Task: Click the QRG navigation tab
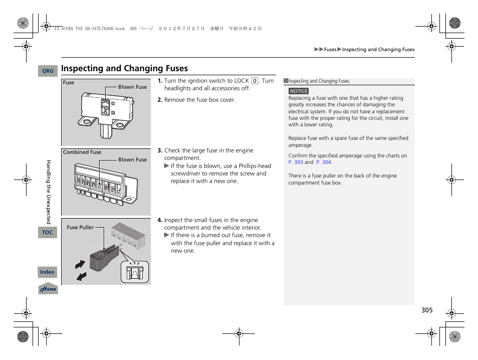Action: pos(48,71)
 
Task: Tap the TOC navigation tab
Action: pos(48,232)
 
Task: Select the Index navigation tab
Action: pos(48,272)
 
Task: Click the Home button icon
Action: pos(48,289)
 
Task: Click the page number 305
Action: pos(426,310)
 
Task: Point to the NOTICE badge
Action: pos(299,91)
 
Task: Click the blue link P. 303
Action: pos(296,162)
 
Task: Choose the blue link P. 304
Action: pos(324,162)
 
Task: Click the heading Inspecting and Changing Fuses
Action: pos(125,68)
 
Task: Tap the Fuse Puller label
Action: pos(80,227)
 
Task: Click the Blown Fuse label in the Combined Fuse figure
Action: pos(132,159)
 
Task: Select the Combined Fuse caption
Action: pos(82,152)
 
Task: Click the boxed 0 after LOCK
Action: pos(255,81)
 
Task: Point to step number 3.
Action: pos(160,150)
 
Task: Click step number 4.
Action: pos(160,220)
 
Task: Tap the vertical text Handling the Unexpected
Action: pos(49,192)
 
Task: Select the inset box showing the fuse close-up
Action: pos(135,272)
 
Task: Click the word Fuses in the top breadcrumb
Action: pos(330,50)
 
